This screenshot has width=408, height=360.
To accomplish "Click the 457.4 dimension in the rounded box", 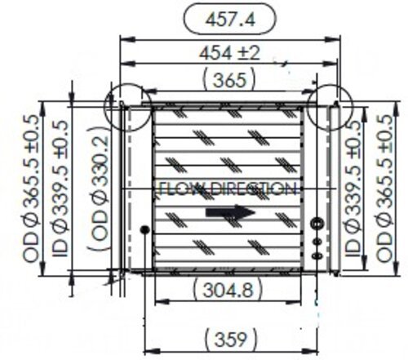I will [229, 17].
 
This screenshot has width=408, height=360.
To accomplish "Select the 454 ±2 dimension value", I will [229, 53].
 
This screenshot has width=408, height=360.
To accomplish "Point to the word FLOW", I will [173, 189].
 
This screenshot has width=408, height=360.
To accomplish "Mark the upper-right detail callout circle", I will [330, 103].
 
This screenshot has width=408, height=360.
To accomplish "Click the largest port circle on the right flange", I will [317, 223].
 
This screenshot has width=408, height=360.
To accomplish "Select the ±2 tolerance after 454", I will [248, 53].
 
